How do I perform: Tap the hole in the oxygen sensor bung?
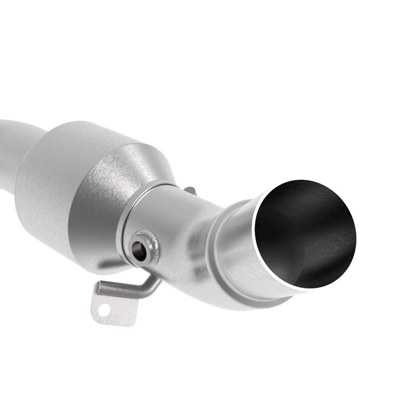pyautogui.click(x=139, y=252)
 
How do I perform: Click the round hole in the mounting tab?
pyautogui.click(x=105, y=310)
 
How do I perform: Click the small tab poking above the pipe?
pyautogui.click(x=190, y=190)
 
